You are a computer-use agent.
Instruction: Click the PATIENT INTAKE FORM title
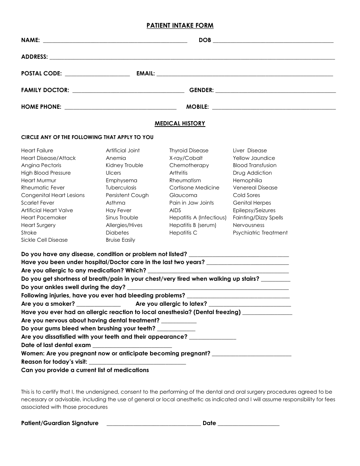click(180, 26)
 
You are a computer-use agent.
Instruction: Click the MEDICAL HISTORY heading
click(180, 124)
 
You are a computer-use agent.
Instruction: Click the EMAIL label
click(146, 74)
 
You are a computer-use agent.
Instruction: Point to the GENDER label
click(201, 90)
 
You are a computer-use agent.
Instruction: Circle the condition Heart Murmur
click(39, 180)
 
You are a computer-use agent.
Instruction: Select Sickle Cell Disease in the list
click(44, 240)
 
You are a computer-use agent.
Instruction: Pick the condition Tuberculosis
click(121, 188)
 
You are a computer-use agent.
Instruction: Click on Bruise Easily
click(121, 240)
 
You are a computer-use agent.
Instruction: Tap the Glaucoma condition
click(183, 195)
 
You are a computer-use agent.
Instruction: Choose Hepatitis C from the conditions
click(183, 233)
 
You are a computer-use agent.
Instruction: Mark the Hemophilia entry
click(247, 180)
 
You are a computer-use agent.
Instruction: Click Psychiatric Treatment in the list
click(260, 233)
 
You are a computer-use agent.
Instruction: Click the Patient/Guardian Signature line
click(153, 424)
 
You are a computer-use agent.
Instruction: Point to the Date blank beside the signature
click(249, 424)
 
